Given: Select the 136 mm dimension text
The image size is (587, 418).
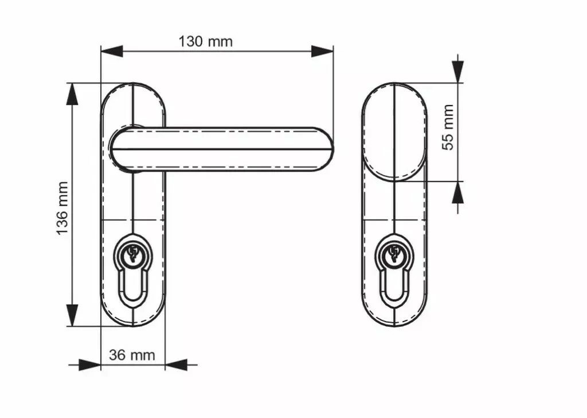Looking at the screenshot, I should coord(62,207).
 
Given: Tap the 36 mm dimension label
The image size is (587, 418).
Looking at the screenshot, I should coord(132,355).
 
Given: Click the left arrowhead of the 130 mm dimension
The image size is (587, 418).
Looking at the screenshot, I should coord(112,51).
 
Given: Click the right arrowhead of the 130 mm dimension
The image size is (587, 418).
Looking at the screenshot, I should coord(322,51).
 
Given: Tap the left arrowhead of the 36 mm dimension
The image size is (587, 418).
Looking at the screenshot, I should coord(89,364).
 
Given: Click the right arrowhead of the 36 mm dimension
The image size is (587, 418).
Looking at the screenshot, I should coord(176,364).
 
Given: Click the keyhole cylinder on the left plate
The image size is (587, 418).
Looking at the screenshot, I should coord(132,253).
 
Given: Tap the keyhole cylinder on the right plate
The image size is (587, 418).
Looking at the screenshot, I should coord(394,253).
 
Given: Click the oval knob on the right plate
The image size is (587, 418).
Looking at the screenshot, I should coord(395,132).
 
